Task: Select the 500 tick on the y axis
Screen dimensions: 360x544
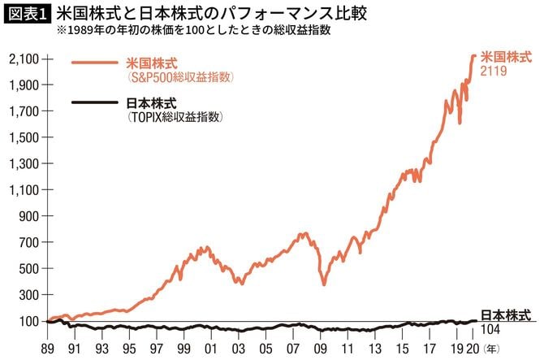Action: pyautogui.click(x=29, y=269)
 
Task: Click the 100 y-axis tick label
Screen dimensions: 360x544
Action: pyautogui.click(x=29, y=321)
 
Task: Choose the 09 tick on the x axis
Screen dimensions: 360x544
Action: pyautogui.click(x=322, y=345)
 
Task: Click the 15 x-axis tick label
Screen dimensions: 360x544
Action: pyautogui.click(x=404, y=345)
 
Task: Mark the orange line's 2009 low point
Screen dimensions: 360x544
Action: pyautogui.click(x=324, y=284)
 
